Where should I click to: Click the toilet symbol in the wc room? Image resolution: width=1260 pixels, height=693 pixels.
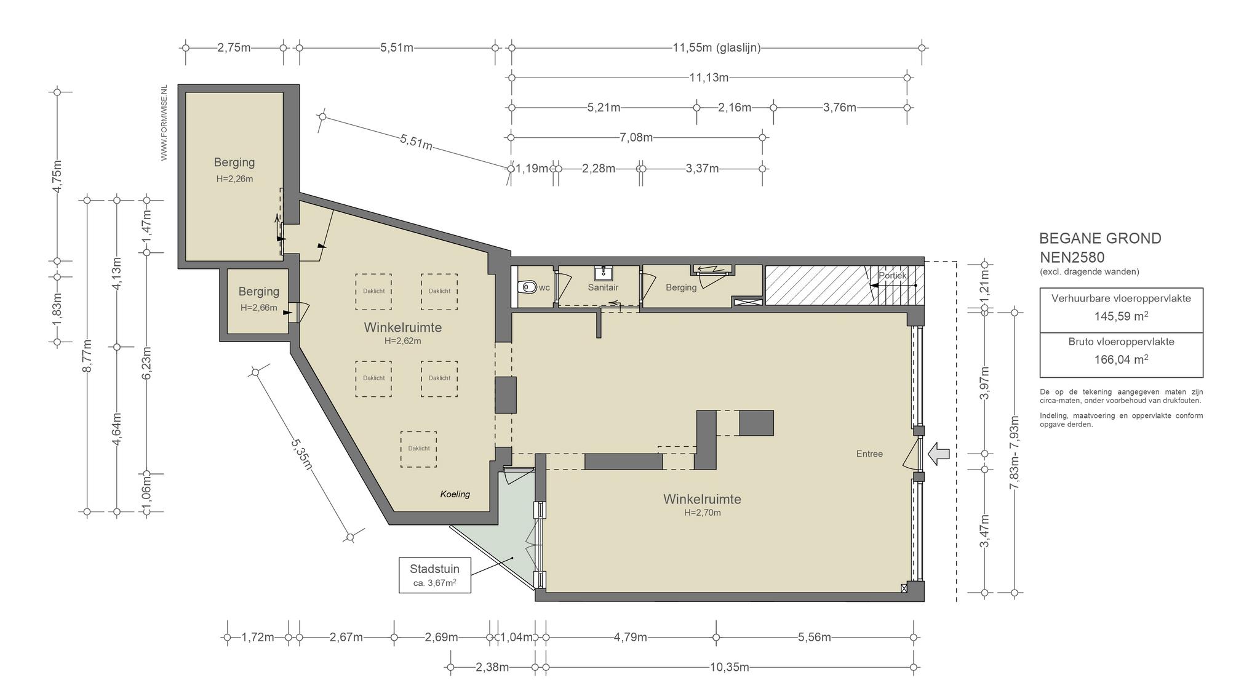(x=527, y=287)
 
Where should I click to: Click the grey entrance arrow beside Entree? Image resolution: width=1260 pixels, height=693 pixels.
(x=938, y=454)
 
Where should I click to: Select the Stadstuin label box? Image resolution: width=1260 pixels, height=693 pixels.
(x=435, y=575)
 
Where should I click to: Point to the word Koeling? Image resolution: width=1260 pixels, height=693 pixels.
(x=455, y=494)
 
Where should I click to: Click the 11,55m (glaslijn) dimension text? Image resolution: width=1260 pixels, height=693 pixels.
(x=717, y=47)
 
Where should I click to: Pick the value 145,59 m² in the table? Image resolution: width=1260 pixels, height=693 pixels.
(x=1121, y=316)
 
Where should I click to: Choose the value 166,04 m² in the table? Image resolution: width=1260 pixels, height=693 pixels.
(x=1121, y=359)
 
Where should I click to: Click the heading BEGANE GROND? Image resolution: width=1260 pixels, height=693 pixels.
(x=1100, y=238)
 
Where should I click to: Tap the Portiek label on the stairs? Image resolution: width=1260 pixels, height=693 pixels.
(x=892, y=276)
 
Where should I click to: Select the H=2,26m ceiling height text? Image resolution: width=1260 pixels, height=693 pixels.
(x=234, y=179)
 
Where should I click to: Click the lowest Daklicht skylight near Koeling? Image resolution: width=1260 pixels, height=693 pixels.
(x=419, y=449)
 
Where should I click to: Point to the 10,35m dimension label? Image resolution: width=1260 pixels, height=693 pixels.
(x=730, y=667)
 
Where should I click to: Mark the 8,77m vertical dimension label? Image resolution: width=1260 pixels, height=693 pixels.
(x=87, y=355)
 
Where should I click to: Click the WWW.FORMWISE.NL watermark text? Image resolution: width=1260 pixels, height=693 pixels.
(x=164, y=123)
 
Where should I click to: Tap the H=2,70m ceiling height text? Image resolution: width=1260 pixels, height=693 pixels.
(x=703, y=513)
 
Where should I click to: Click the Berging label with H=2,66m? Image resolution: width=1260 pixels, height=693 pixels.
(x=259, y=292)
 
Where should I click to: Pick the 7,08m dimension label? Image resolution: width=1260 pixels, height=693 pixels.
(x=636, y=137)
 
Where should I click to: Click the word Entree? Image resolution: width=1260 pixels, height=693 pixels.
(x=869, y=454)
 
